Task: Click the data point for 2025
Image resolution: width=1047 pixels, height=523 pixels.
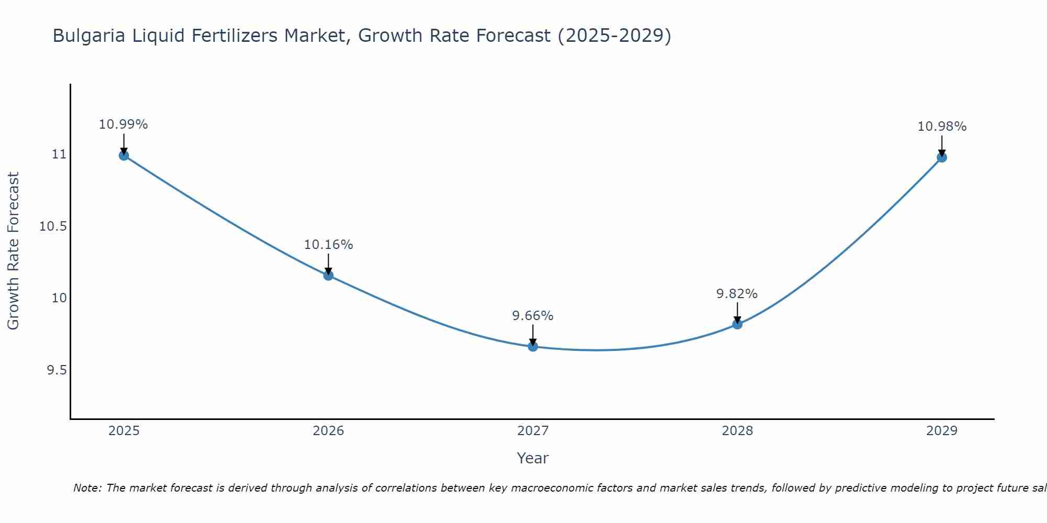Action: coord(124,155)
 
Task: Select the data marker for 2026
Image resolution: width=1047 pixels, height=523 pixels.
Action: coord(328,275)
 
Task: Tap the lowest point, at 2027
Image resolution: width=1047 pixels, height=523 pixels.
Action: coord(533,346)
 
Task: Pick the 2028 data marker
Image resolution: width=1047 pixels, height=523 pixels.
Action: coord(737,324)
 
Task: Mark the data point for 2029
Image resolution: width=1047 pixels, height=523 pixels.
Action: coord(942,157)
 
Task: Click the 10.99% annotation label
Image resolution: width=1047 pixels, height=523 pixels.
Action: coord(124,124)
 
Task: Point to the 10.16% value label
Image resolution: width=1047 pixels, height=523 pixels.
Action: coord(328,244)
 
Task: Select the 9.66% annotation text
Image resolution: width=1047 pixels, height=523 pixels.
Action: coord(532,316)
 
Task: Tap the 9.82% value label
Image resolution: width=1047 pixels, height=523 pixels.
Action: coord(737,294)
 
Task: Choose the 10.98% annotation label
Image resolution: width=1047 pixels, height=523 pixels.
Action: coord(942,127)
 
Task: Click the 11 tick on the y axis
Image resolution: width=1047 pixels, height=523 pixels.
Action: coord(59,154)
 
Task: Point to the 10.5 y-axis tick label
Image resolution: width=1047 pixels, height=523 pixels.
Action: coord(53,226)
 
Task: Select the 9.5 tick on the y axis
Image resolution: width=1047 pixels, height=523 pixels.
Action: coord(57,370)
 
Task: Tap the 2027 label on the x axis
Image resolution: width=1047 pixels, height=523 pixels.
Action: coord(533,431)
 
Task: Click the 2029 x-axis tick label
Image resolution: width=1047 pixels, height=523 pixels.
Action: coord(942,431)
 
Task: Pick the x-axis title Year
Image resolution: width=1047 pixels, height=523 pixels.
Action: coord(532,458)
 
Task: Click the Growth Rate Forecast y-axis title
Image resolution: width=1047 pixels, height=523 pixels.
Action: coord(13,251)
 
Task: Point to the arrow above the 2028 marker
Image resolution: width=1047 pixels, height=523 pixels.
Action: coord(737,312)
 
